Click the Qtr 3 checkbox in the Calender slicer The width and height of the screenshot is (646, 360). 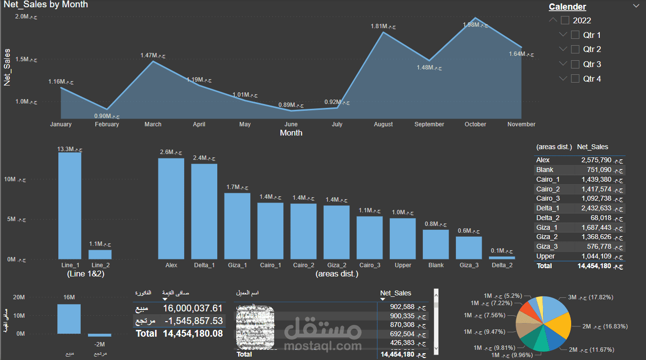pos(575,64)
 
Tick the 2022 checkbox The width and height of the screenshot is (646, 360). pos(565,20)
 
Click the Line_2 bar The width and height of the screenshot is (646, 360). pos(100,254)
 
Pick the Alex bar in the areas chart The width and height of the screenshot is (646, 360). pos(171,208)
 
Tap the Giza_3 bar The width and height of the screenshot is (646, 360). pos(469,248)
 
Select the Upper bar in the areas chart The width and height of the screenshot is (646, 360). pos(403,239)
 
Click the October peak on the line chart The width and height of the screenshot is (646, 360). pos(475,18)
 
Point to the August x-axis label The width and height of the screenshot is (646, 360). pos(384,124)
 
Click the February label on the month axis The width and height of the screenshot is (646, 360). pos(107,124)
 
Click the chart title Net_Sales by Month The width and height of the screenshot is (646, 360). pos(46,4)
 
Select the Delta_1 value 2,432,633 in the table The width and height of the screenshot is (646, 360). pos(596,208)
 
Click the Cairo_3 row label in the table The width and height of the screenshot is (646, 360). pos(548,198)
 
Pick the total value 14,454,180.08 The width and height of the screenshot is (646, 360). pos(192,334)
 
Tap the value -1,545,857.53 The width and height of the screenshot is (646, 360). pos(192,321)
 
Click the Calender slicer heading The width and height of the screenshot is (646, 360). pos(567,7)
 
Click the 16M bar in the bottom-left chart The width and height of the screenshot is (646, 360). pos(69,319)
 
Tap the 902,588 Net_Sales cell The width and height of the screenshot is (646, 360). pos(402,307)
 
